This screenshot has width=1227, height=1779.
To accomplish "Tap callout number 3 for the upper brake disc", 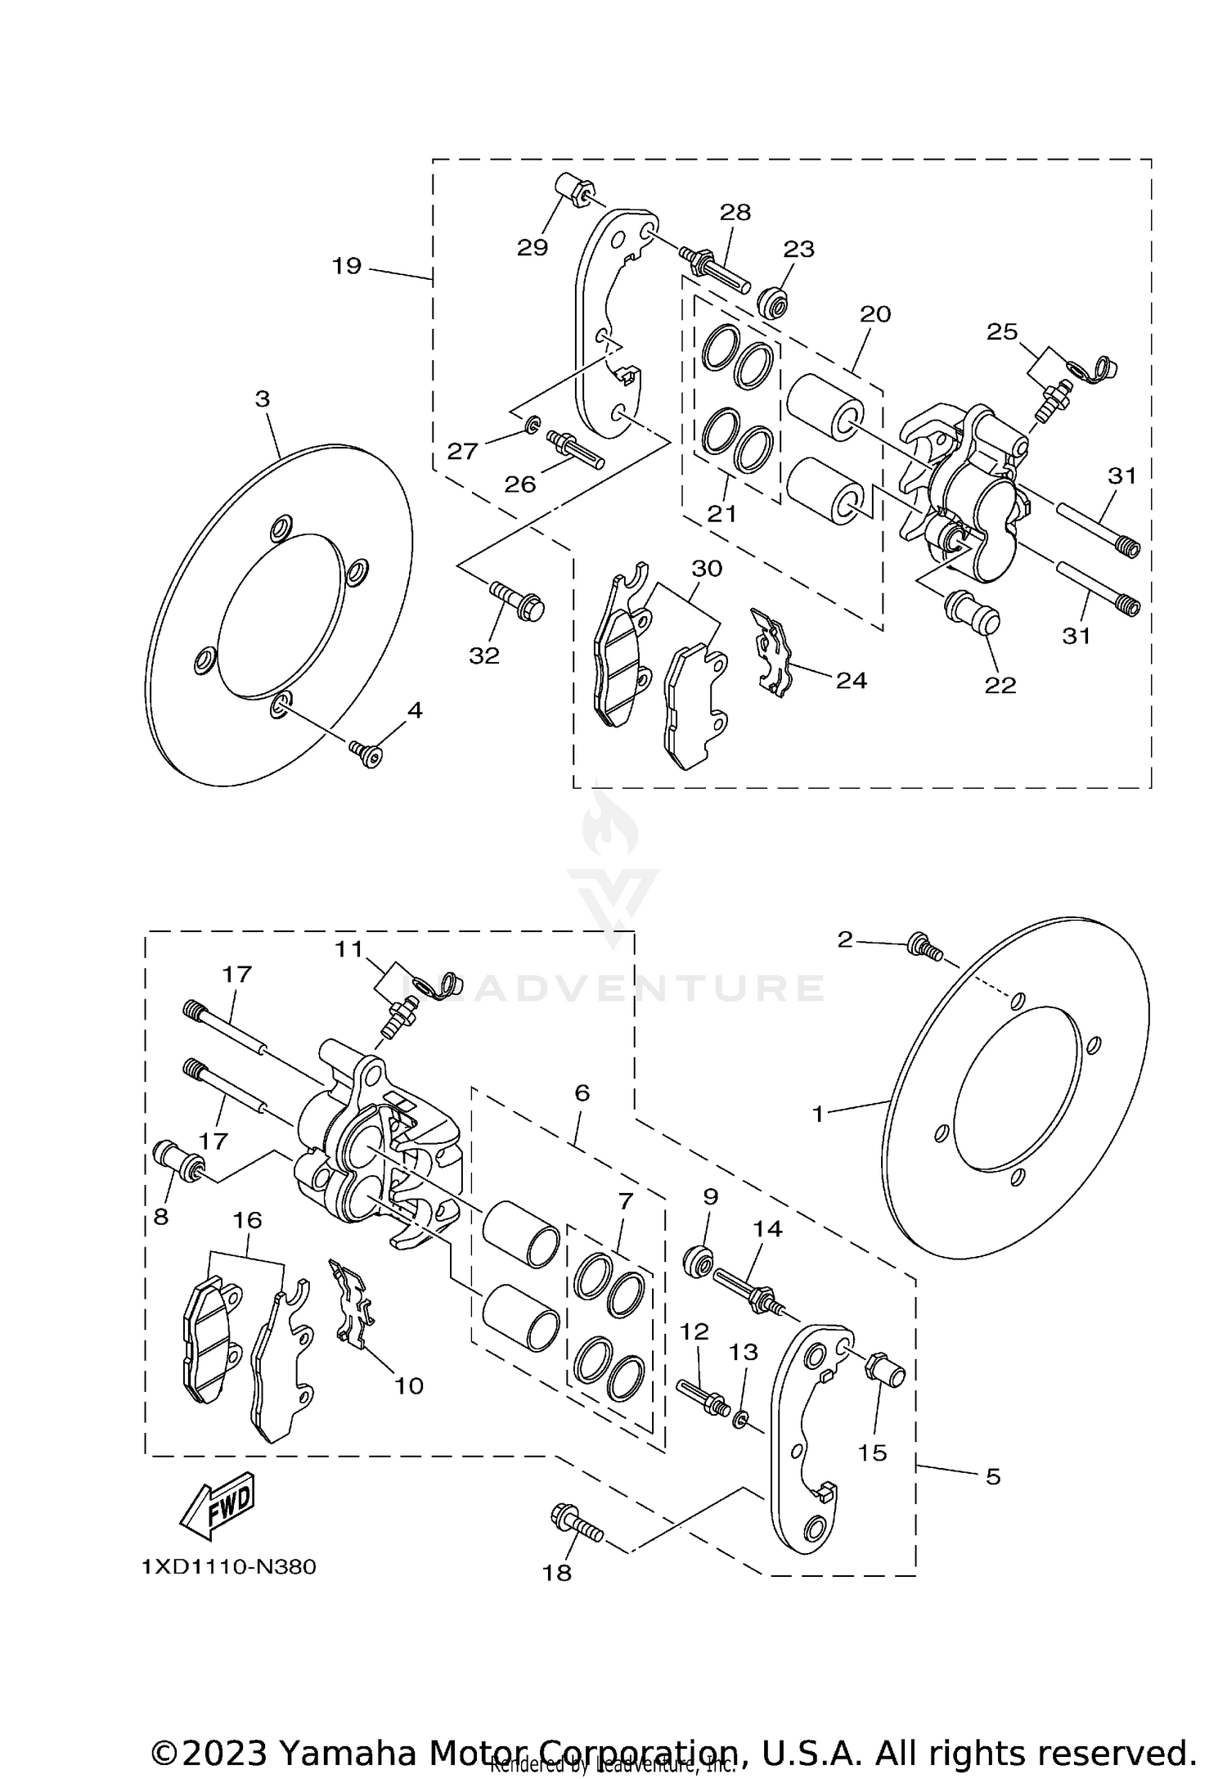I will [262, 399].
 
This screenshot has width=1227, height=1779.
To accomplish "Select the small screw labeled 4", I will [366, 752].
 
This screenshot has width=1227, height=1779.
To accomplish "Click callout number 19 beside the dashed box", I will [347, 266].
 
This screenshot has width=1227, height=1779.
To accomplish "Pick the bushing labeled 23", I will [773, 303].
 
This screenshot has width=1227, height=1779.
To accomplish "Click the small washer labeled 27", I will [533, 424].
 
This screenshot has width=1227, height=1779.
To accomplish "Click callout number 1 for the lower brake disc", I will [818, 1114].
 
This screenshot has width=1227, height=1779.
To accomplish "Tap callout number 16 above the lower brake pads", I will [247, 1220].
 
